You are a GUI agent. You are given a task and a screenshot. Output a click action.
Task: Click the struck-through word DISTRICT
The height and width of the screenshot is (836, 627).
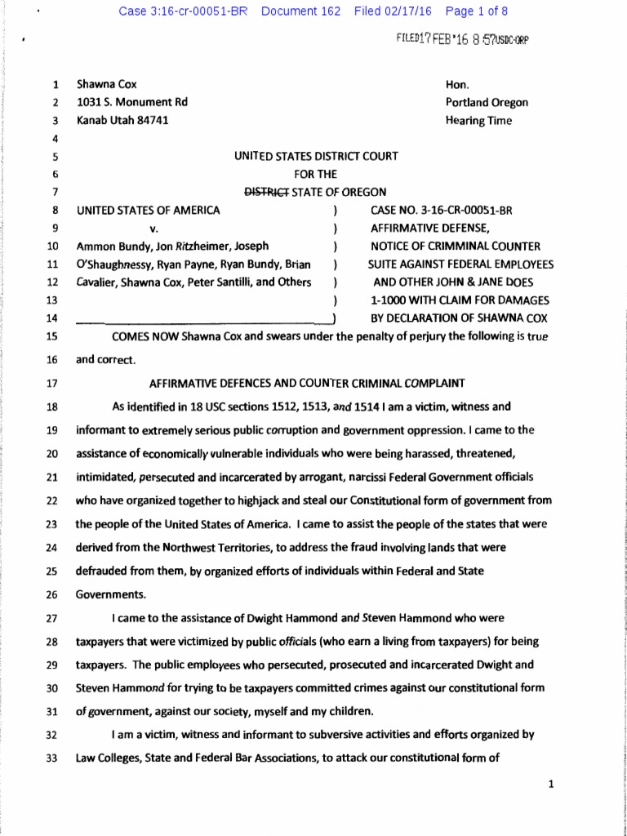[x=262, y=192]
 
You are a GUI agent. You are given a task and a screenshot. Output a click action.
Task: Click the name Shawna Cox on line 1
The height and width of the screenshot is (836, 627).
[x=107, y=84]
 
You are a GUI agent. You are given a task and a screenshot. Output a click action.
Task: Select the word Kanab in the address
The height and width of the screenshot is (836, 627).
[x=91, y=120]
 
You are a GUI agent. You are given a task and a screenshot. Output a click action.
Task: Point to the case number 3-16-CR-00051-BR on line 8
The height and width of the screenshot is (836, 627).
[x=466, y=210]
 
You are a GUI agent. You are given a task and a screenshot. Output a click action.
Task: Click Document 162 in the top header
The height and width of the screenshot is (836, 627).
[x=300, y=11]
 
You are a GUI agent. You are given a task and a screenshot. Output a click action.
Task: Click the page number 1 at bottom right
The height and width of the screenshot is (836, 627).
[x=552, y=785]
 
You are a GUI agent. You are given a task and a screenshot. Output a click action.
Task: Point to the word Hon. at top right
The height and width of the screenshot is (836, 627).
[x=456, y=84]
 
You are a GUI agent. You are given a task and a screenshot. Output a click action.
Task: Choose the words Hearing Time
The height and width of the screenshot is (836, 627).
[x=478, y=120]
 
